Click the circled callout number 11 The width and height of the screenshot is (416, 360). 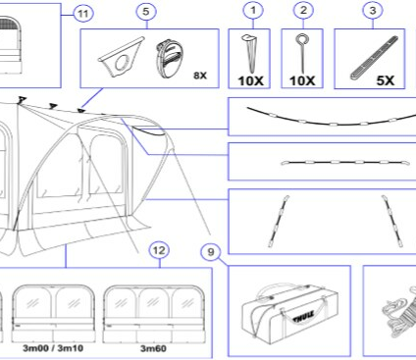point(83,14)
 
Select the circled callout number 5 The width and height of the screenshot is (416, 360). point(146,12)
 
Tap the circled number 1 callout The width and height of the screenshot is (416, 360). point(253,10)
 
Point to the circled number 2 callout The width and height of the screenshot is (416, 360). point(303,10)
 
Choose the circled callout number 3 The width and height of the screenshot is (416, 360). point(373,10)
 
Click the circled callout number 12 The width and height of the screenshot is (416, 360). point(159,250)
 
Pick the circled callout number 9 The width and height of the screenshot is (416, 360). point(211,252)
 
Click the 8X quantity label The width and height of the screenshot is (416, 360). point(200,76)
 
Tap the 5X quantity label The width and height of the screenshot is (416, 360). point(386,80)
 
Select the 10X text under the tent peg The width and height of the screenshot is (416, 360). point(250,80)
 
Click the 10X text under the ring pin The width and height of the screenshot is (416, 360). point(302,80)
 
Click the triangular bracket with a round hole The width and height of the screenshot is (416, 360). point(122,57)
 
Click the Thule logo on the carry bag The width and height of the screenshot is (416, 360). point(303,317)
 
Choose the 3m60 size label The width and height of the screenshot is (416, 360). point(153,348)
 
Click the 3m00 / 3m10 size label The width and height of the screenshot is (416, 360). point(53,348)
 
